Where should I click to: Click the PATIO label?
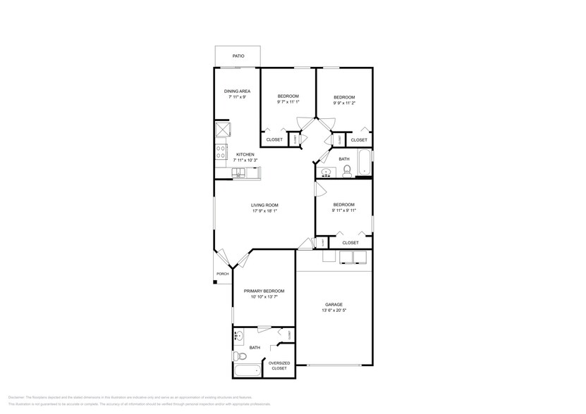coord(238,56)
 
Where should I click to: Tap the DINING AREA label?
coord(237,91)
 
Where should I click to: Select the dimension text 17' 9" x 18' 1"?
coord(264,211)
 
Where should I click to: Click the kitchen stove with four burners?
coord(221,150)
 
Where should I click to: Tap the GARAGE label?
coord(334,304)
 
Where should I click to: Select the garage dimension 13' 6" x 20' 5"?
coord(334,310)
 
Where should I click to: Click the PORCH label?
coord(222,274)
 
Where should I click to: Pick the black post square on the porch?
coord(216,283)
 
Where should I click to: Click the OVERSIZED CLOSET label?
coord(279,365)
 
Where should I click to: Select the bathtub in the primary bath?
coord(248,371)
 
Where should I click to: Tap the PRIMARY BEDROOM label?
coord(264,291)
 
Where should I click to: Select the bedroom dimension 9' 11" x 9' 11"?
coord(343,211)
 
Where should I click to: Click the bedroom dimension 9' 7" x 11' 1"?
coord(288,102)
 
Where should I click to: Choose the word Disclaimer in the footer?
coord(17,398)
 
